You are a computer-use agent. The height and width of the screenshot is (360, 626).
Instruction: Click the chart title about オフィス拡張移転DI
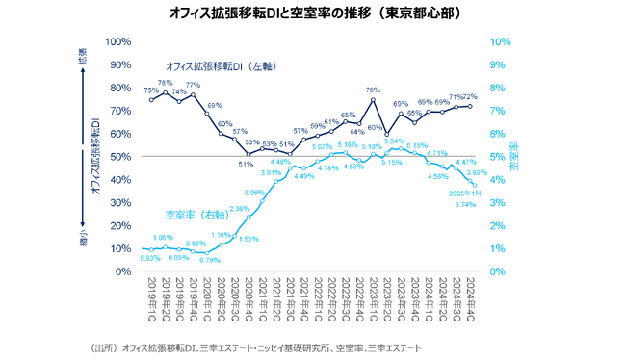pos(314,13)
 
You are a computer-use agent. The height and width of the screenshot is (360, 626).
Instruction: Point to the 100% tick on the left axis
pos(118,41)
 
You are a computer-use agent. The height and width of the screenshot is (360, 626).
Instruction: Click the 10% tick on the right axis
pos(499,41)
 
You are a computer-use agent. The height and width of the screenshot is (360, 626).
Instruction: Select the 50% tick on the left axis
pos(120,156)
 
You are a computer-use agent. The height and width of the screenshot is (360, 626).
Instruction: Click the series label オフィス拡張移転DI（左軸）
pos(221,66)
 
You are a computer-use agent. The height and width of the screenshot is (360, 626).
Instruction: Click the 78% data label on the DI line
pos(165,83)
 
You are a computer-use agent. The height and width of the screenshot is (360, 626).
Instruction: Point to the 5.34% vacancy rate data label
pos(394,141)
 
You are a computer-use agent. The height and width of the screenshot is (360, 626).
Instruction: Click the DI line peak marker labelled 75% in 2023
pos(373,99)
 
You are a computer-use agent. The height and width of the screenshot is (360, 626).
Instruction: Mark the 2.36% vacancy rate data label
pos(239,208)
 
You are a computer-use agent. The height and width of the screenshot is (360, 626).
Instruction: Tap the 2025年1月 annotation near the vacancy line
pos(464,193)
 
